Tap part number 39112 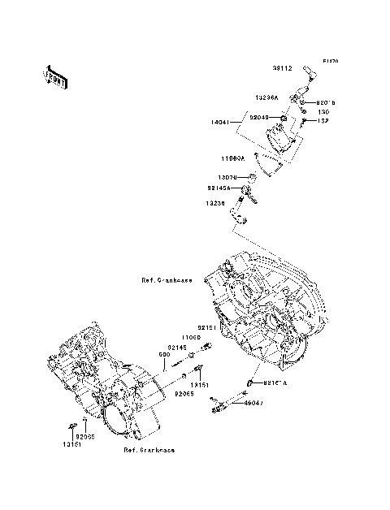[281, 69]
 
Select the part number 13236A [268, 97]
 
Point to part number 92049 [259, 118]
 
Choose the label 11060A [236, 159]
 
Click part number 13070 [226, 176]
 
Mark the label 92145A [219, 188]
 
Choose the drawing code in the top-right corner [330, 61]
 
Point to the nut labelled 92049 [281, 119]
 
